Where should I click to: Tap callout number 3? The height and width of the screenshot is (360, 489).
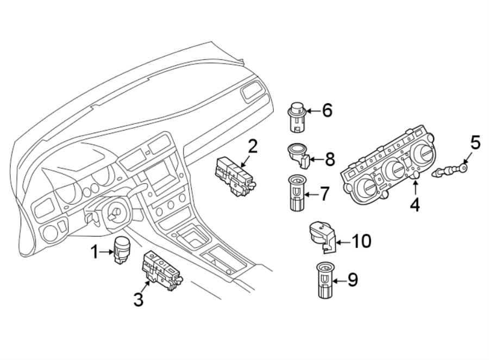pos(139,299)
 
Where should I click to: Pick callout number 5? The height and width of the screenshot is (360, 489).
pos(475,144)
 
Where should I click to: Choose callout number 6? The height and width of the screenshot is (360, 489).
pos(327,111)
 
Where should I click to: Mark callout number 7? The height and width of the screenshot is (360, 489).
pos(324,193)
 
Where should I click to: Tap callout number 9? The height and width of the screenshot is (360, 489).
pos(353,280)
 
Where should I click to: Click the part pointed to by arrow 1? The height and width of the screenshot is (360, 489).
pos(121,251)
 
